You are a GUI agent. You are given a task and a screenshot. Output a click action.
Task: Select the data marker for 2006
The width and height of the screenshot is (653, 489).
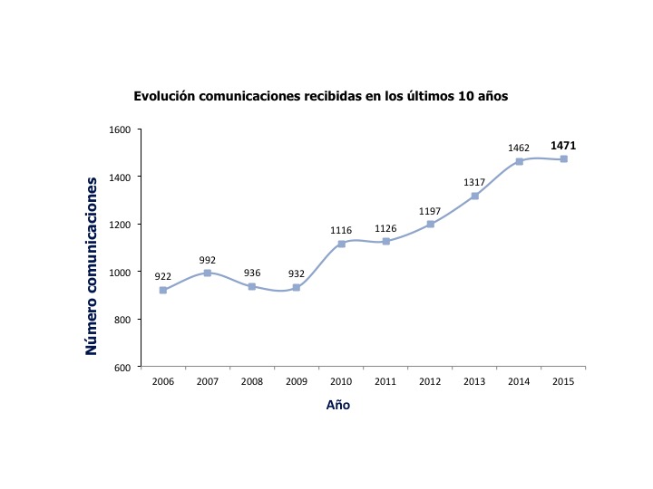click(x=163, y=290)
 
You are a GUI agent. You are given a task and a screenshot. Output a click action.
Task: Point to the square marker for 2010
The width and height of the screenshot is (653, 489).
click(x=341, y=244)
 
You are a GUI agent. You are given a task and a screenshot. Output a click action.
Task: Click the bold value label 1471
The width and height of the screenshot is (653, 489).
click(x=563, y=145)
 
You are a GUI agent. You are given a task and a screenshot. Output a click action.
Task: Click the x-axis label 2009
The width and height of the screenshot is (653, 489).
click(x=297, y=381)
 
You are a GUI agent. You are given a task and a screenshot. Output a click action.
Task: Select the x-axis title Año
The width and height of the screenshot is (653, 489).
click(x=338, y=406)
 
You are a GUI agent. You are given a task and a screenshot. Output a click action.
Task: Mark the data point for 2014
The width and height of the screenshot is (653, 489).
click(x=519, y=161)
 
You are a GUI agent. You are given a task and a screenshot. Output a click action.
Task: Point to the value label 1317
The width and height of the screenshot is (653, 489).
click(x=474, y=182)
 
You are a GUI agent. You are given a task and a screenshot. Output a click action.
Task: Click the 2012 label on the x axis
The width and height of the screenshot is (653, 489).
click(x=430, y=381)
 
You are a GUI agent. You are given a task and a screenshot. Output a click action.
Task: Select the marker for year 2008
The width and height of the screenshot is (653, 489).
click(x=252, y=286)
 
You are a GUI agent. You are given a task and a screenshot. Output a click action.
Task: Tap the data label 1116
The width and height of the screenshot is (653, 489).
click(x=341, y=230)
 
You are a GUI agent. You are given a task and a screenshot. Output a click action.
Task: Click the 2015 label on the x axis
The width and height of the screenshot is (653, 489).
click(x=563, y=381)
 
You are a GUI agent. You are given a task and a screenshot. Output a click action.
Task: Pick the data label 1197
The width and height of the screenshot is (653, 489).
click(x=430, y=211)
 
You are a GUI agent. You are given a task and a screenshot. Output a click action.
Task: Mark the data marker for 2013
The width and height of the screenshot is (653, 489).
click(x=474, y=196)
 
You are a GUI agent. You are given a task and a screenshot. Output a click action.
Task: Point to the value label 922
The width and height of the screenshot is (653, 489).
click(x=163, y=275)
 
